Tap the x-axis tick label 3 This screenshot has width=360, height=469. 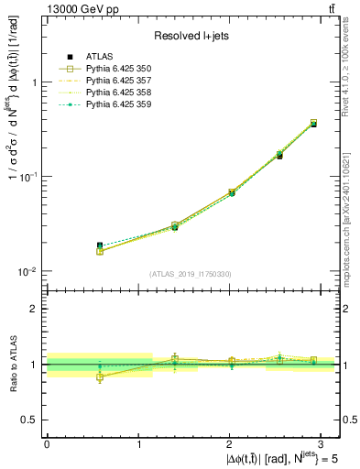click(321, 442)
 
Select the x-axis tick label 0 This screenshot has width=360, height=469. click(47, 442)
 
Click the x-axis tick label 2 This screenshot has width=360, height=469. click(229, 442)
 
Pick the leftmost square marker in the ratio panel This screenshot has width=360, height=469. click(100, 376)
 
